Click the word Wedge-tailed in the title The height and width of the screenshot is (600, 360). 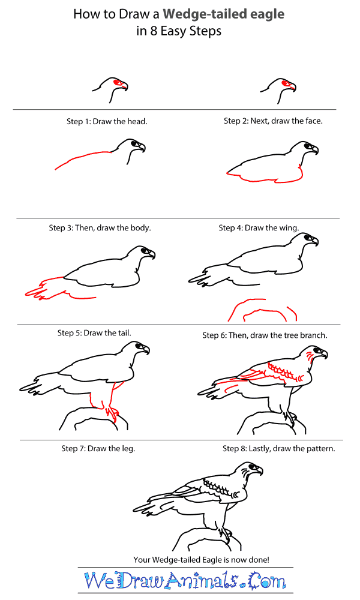[x=206, y=14]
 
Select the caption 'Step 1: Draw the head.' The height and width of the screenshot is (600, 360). [x=107, y=121]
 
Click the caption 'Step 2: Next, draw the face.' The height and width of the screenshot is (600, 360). [x=273, y=121]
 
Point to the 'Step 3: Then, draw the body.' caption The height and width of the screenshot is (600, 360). [x=100, y=228]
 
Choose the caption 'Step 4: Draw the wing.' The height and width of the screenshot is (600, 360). [x=259, y=228]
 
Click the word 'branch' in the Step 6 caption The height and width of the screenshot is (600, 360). [x=313, y=335]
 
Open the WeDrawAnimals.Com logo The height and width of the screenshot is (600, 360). [x=185, y=581]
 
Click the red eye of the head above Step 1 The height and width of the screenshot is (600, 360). [x=118, y=83]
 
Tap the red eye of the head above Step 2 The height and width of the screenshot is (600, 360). [x=286, y=83]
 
